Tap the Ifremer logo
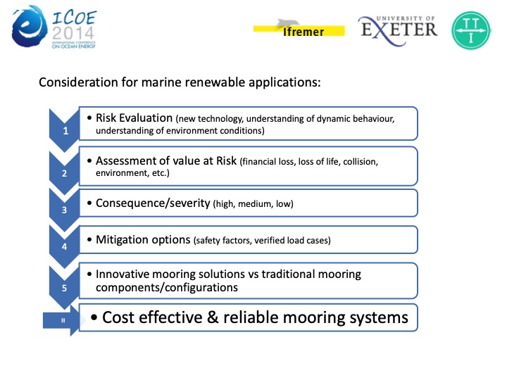299,28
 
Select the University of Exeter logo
398,27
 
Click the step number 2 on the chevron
65,172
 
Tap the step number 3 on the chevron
65,209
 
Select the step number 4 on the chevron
65,246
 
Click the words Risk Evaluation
134,118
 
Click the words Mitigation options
143,240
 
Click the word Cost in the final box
118,317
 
